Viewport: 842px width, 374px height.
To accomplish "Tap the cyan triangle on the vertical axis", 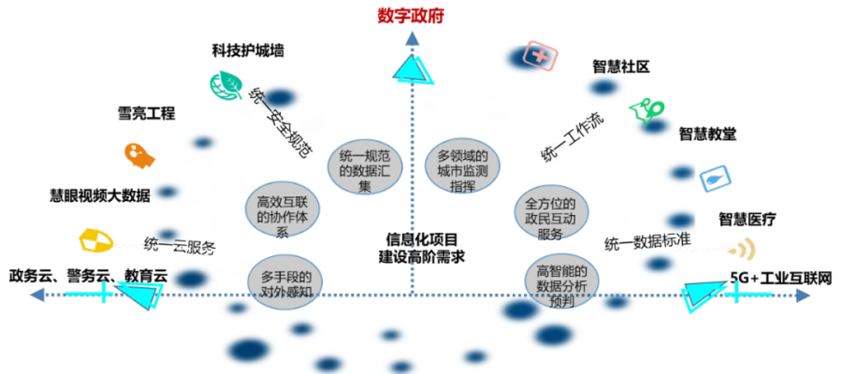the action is (x=412, y=71).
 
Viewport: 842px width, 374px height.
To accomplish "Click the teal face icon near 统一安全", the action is (x=222, y=85).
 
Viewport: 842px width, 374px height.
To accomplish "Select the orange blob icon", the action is (x=139, y=155).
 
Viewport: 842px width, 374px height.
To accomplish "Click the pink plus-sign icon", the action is (x=540, y=55).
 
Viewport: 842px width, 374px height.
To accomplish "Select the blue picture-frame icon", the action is (x=716, y=179).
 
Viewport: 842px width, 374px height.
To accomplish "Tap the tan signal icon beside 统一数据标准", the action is (x=742, y=248).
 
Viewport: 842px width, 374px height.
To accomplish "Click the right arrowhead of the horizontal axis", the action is (x=804, y=296).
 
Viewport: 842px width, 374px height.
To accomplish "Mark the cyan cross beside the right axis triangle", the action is (x=736, y=295).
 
